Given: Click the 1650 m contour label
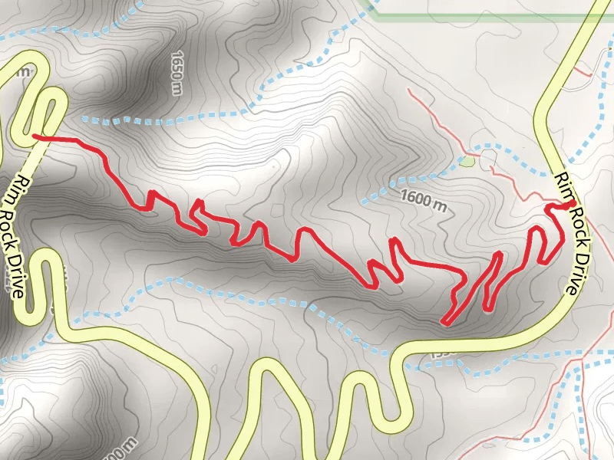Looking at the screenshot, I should click(177, 70).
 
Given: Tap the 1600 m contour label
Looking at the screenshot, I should click(423, 201).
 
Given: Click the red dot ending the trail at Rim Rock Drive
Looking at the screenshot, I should click(573, 203).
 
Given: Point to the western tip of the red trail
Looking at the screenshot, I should click(34, 136).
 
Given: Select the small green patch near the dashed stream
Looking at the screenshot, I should click(467, 162).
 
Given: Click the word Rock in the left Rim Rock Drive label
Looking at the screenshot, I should click(18, 229).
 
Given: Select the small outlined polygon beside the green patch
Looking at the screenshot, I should click(489, 157).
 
